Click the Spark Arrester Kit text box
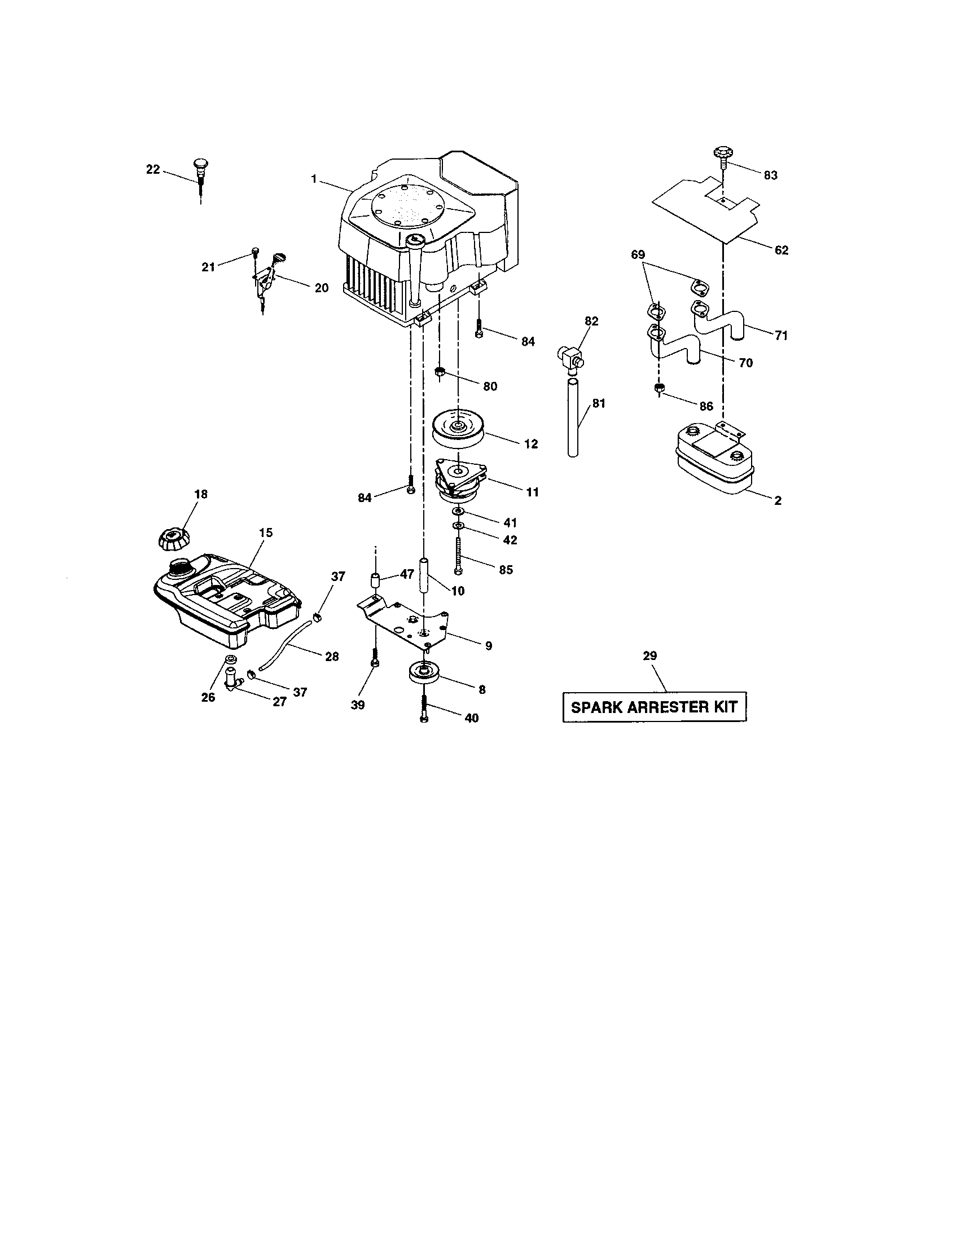[653, 707]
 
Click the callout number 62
[782, 250]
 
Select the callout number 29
[649, 655]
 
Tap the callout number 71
[781, 336]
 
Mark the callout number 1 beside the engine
[314, 179]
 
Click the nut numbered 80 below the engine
[440, 373]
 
